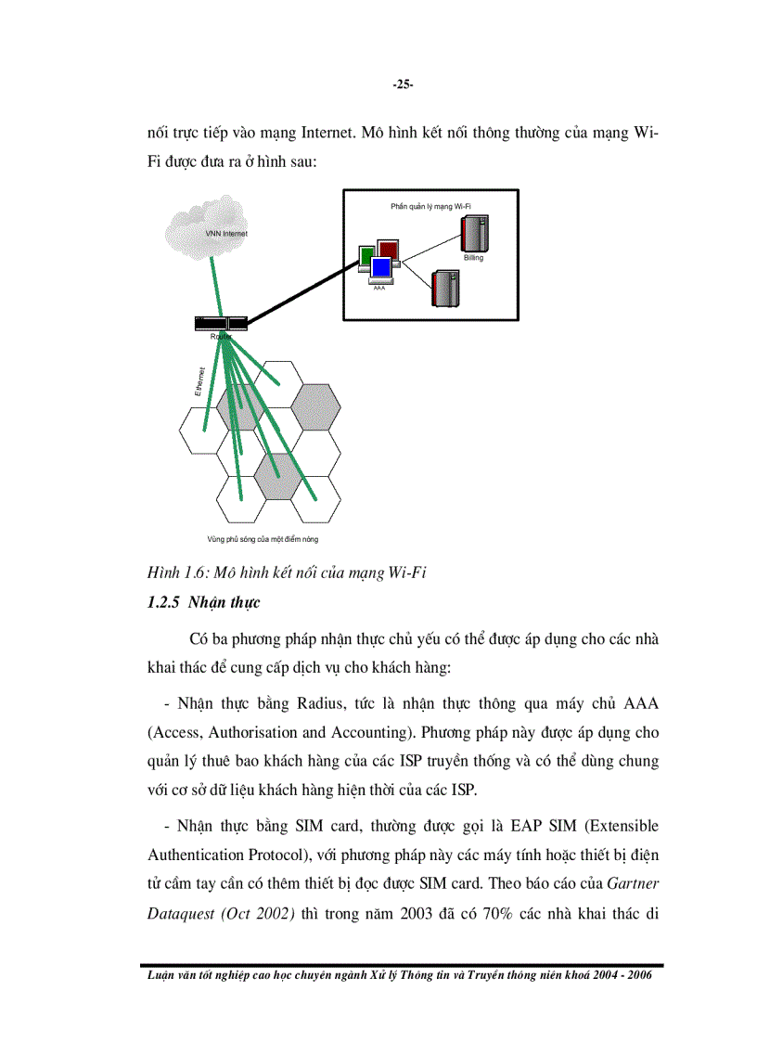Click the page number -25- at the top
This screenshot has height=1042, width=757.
(403, 84)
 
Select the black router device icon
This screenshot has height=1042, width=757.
(222, 323)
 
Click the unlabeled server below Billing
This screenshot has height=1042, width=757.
(444, 288)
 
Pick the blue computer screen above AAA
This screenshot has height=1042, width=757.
(380, 269)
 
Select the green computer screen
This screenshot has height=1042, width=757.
(366, 255)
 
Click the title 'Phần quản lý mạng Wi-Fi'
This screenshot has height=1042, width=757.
(437, 204)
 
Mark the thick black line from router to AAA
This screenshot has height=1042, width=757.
(297, 294)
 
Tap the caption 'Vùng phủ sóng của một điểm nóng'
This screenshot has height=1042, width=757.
(255, 538)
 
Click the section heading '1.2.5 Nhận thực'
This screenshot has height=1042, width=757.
(204, 603)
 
